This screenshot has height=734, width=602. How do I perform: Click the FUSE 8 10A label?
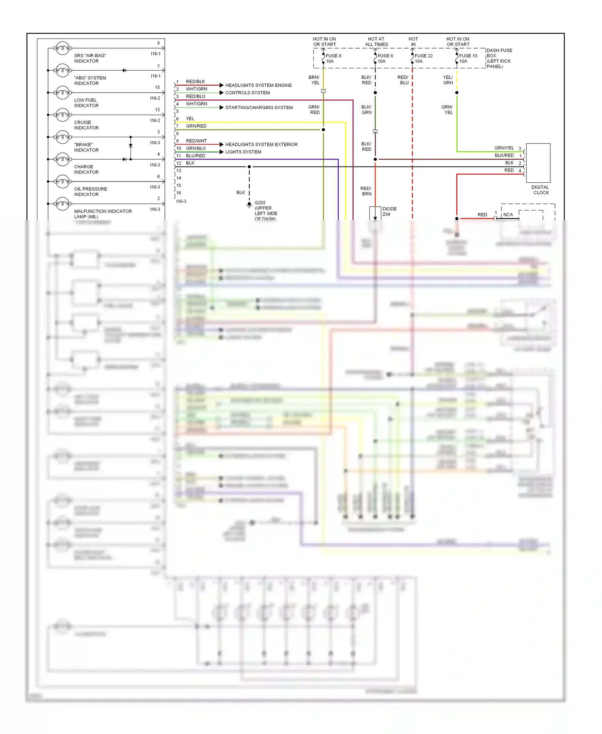[333, 59]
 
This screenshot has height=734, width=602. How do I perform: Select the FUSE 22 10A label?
[423, 59]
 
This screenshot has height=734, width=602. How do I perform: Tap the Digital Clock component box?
[538, 163]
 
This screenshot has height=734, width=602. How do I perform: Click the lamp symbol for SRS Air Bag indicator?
[63, 48]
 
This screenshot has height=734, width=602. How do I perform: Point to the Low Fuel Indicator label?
[86, 103]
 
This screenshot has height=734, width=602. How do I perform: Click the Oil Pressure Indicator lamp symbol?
[63, 181]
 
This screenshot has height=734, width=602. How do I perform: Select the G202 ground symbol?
[249, 205]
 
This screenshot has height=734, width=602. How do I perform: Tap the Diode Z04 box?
[375, 213]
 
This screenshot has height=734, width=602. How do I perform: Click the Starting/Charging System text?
[259, 108]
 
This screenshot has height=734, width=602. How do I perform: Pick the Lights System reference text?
[243, 152]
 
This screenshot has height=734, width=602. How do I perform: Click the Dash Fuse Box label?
[499, 58]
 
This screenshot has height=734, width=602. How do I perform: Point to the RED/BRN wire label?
[366, 191]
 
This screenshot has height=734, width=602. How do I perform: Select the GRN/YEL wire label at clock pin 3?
[504, 148]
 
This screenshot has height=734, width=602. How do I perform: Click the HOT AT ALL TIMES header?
[376, 42]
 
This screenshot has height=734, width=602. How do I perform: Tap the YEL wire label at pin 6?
[190, 118]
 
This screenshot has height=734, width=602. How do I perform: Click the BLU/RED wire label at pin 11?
[195, 156]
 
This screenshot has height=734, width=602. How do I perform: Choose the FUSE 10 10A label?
[468, 59]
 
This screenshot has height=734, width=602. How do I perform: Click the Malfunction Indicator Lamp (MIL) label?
[103, 214]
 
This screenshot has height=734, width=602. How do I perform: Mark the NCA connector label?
[508, 215]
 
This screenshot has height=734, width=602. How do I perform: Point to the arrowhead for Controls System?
[222, 93]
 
